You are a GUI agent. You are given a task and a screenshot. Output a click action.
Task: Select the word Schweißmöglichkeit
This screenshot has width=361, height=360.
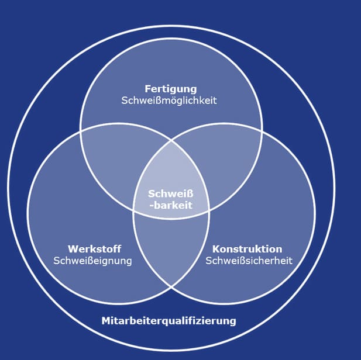point(169,100)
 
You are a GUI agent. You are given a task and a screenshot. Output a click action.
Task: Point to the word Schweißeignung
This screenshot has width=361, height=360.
point(92,260)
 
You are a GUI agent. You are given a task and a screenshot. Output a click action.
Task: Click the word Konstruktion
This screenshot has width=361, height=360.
point(247,249)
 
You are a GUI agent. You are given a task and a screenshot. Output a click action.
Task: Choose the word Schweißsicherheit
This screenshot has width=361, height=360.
point(249,260)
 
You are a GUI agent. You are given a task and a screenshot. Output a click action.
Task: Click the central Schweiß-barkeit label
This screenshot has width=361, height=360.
point(170,199)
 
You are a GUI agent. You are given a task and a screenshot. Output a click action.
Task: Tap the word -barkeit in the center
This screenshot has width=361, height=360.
point(170,205)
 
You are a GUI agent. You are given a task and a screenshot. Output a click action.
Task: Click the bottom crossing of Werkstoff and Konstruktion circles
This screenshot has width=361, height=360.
point(171,286)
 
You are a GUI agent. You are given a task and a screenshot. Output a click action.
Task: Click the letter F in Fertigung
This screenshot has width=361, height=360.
point(147,89)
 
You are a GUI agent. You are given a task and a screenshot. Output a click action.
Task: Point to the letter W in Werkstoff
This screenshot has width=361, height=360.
point(72,249)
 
